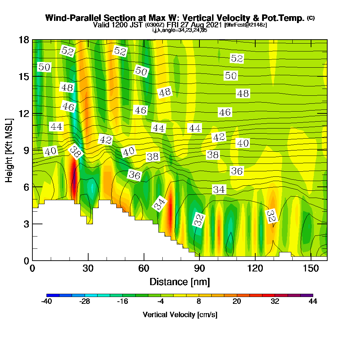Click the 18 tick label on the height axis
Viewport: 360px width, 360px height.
pos(24,40)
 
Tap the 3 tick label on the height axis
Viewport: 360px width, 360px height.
pos(26,224)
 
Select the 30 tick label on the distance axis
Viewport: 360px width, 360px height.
pos(88,268)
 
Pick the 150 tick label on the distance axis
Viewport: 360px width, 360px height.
pos(311,268)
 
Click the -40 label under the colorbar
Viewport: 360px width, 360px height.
pos(46,301)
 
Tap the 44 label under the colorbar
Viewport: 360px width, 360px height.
pos(313,301)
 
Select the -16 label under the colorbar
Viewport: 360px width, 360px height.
pos(123,301)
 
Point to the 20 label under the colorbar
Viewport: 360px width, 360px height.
pos(237,301)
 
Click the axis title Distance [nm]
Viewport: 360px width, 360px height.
pos(180,282)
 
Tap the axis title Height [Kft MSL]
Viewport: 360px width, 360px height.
pos(9,150)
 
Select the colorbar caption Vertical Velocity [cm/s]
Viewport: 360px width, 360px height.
pos(180,315)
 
